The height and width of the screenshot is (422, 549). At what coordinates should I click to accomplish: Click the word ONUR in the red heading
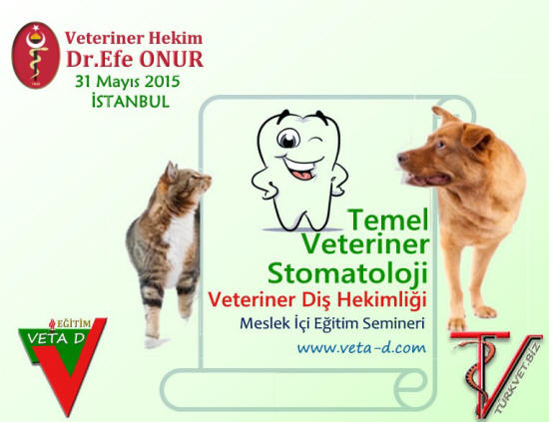pos(172,59)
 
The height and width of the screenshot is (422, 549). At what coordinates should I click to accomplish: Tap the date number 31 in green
pos(83,82)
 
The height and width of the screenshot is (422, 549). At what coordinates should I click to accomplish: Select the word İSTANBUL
pos(131,101)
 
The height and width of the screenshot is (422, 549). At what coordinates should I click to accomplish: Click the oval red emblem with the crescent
pos(35,55)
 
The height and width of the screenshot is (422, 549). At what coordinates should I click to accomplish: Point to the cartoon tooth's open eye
pos(288,139)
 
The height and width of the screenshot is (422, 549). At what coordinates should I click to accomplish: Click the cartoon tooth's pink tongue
pos(301,174)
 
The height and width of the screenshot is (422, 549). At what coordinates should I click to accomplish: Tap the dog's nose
pos(402,157)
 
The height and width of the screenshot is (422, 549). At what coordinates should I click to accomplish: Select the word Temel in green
pos(388,219)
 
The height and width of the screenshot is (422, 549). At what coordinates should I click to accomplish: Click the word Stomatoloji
pos(348,272)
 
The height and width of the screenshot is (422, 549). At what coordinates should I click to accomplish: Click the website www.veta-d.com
pos(361,348)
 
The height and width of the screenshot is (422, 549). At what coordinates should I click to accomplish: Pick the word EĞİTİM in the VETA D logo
pos(74,323)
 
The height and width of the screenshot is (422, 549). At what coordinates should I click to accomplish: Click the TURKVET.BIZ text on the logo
pos(517,382)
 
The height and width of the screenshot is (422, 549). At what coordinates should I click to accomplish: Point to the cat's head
pos(188,177)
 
